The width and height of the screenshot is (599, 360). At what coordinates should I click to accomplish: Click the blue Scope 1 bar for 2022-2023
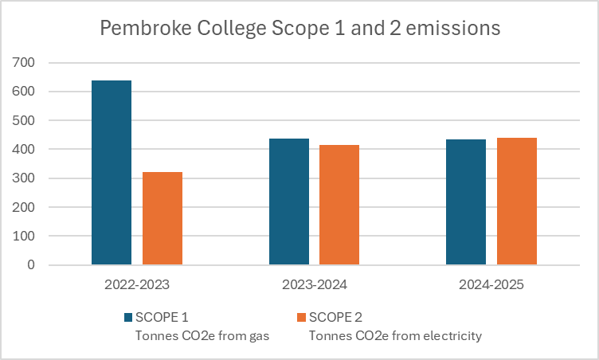[x=112, y=172]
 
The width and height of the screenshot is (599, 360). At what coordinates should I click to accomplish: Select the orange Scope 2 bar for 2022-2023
[x=162, y=218]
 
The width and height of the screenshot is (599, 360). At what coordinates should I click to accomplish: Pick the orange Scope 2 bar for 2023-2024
[x=339, y=205]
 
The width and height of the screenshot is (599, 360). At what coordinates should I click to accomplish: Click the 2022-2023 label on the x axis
[x=137, y=284]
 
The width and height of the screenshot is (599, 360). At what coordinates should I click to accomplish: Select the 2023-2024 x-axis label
[x=314, y=284]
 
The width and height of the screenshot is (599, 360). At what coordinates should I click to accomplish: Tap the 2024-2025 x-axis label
[x=491, y=284]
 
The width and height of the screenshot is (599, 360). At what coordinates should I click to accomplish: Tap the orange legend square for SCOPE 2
[x=301, y=318]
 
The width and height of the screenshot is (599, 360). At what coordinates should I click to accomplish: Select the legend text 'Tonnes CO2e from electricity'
[x=396, y=335]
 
